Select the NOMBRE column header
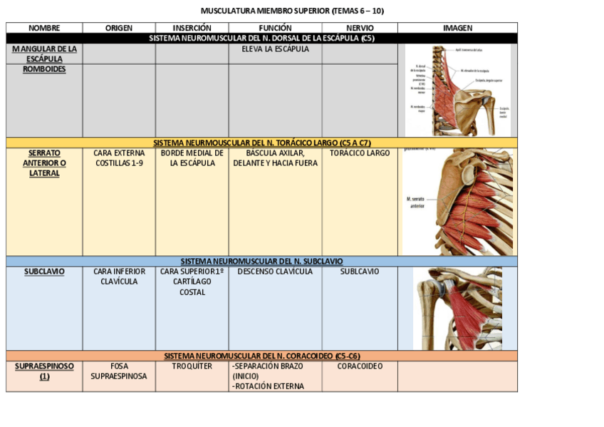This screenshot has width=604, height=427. point(44,28)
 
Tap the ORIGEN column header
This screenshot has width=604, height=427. point(119,28)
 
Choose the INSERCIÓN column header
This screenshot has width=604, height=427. point(192,28)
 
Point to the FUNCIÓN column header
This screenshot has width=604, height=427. point(275,28)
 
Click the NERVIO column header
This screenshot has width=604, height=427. point(359,28)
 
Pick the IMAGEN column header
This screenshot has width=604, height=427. point(457,28)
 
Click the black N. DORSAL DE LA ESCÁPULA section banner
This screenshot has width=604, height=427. point(262,38)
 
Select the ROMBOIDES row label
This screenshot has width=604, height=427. point(44,70)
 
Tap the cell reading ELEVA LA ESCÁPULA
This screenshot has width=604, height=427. point(275,49)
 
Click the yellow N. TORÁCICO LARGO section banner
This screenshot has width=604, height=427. point(262,143)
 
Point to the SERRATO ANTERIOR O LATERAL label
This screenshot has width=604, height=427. point(44,163)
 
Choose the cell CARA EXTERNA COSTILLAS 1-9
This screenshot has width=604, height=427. point(119,158)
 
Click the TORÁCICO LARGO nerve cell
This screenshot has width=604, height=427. point(360,153)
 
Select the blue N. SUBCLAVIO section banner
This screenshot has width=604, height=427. point(262,262)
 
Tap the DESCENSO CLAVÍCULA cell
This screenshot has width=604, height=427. point(275,272)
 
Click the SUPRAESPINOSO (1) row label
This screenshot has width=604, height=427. point(44,371)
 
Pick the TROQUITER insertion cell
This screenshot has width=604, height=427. point(192,366)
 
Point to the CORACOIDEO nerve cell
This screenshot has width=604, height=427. point(360,366)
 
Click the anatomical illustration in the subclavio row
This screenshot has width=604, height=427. point(457,309)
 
